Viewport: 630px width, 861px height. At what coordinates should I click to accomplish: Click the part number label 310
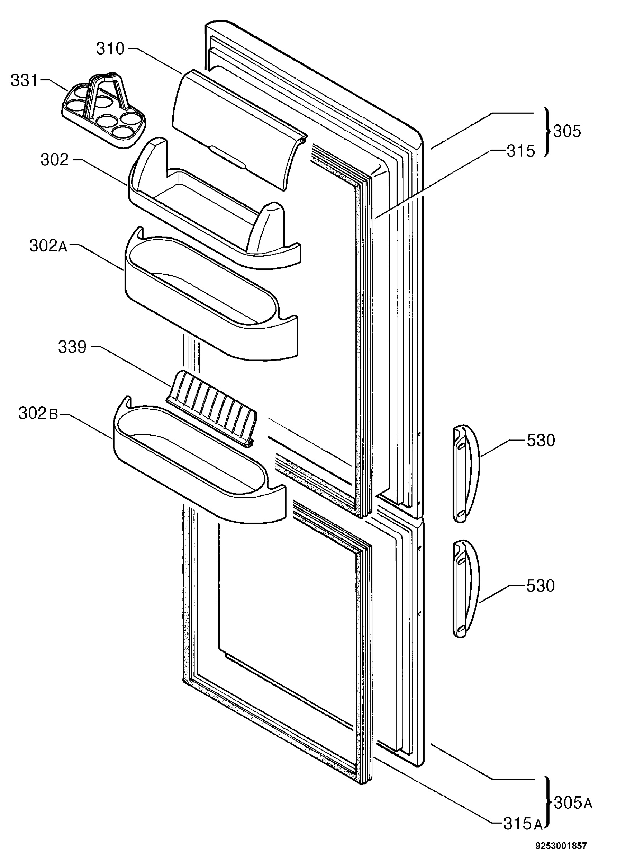click(x=111, y=49)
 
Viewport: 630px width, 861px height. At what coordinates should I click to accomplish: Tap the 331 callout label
click(x=24, y=81)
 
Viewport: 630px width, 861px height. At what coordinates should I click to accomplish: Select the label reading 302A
click(x=48, y=246)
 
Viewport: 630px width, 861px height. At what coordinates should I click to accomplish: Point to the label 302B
click(x=38, y=413)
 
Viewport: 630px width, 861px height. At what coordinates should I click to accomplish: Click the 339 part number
click(x=72, y=347)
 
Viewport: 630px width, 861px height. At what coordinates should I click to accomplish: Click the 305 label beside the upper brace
click(x=567, y=131)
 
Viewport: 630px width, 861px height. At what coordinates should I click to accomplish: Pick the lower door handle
click(x=466, y=589)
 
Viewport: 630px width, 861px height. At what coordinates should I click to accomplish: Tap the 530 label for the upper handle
click(x=541, y=441)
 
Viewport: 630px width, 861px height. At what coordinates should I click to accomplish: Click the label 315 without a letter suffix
click(x=521, y=151)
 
